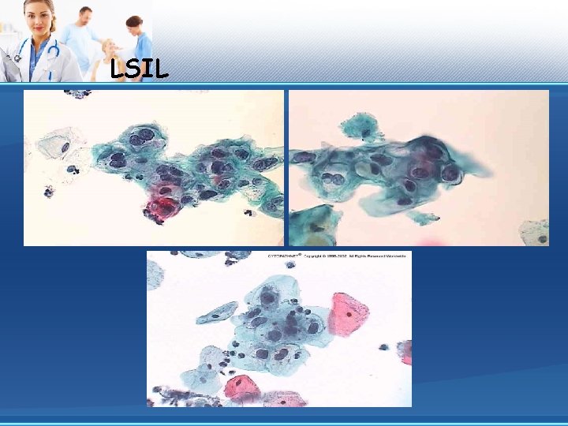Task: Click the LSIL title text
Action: tap(140, 70)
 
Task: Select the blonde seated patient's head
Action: tap(108, 47)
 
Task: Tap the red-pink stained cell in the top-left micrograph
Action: tap(163, 205)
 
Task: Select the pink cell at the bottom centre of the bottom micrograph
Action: tap(242, 387)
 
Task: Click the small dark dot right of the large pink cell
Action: tap(384, 346)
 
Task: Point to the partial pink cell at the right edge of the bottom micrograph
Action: tap(405, 352)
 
